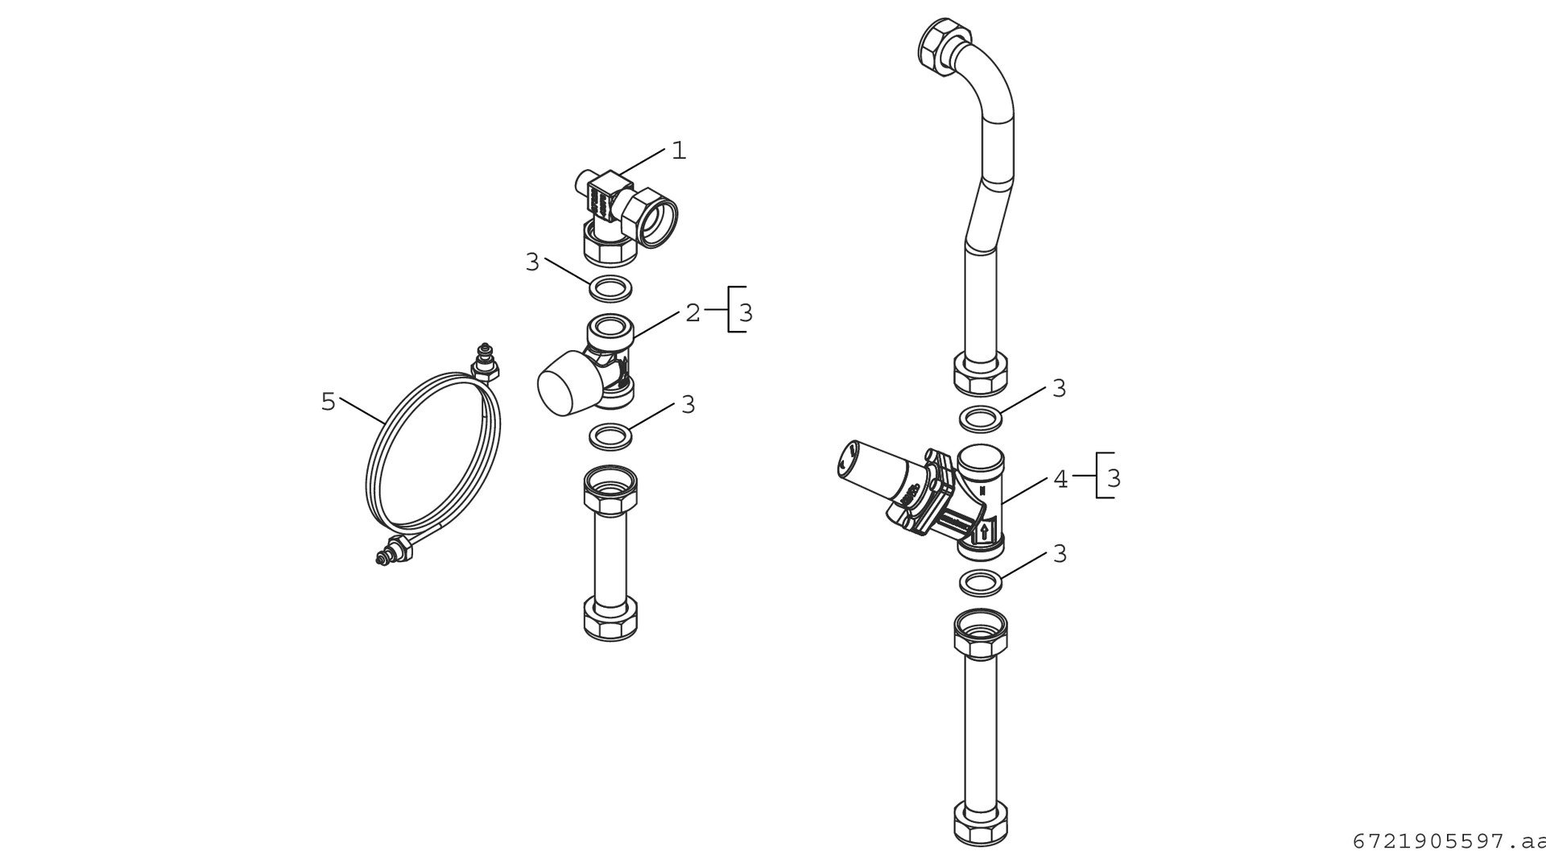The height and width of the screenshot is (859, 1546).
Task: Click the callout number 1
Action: tap(679, 151)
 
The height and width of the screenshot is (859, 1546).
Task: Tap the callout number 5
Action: tap(328, 401)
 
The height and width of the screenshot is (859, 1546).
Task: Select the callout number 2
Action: tap(693, 313)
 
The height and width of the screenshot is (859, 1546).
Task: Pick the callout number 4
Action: tap(1060, 479)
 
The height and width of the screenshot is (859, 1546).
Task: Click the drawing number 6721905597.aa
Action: tap(1449, 841)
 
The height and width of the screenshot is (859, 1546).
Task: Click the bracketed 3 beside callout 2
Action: tap(746, 313)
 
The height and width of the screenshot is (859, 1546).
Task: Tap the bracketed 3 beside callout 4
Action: tap(1114, 479)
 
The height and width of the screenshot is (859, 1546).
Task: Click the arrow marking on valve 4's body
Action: tap(984, 531)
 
